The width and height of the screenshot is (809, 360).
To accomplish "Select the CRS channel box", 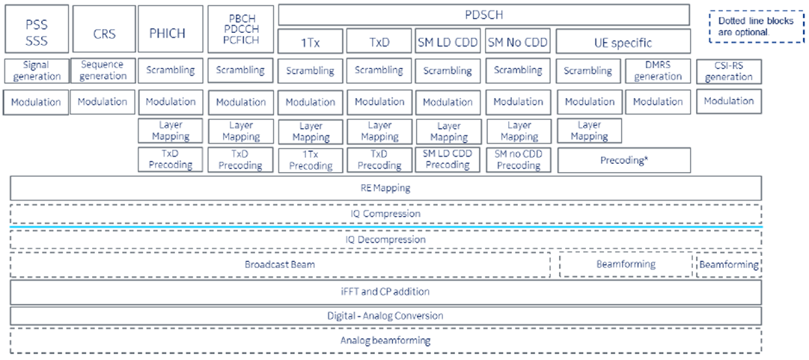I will tap(103, 33).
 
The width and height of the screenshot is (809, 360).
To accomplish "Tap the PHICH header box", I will tap(171, 33).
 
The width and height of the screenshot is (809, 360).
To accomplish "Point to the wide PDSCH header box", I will tap(483, 14).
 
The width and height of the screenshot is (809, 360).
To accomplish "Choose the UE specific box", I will tap(623, 43).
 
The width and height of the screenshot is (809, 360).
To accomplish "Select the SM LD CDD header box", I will tap(448, 42).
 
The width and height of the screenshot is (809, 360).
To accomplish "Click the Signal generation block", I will tap(36, 70).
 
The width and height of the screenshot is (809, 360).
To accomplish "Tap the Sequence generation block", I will tap(103, 70).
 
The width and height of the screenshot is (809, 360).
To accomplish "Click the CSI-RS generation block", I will tap(729, 71).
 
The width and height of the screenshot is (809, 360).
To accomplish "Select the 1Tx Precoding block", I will tap(311, 159).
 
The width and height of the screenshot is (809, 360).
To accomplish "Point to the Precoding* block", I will tap(623, 159).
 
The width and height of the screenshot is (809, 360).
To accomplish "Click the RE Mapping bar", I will tap(385, 188).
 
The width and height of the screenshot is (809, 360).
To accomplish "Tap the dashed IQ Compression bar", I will tap(385, 214).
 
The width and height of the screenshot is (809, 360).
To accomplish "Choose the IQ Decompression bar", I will tap(385, 240).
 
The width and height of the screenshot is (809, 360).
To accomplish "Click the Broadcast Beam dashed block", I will tap(280, 265).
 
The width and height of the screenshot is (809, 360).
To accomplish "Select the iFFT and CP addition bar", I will tap(385, 291).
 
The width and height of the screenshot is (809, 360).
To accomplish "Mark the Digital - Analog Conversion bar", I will tap(385, 316).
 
